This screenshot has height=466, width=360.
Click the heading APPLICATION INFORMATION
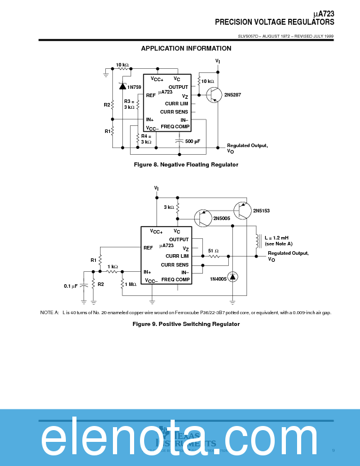(x=186, y=48)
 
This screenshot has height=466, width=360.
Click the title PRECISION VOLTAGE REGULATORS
(x=274, y=22)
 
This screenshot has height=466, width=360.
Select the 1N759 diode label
(x=134, y=87)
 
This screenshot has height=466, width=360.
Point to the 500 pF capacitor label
(x=192, y=141)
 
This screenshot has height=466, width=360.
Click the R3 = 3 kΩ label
(x=129, y=104)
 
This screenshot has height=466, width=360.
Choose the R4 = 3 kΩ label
(x=146, y=139)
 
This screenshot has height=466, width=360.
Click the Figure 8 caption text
(x=186, y=165)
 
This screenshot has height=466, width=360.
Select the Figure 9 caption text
(x=186, y=324)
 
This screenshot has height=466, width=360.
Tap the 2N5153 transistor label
(x=261, y=210)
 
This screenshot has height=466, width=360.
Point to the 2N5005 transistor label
(x=221, y=218)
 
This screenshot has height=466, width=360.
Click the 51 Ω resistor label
(x=214, y=251)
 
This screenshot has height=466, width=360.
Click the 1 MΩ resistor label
(x=131, y=284)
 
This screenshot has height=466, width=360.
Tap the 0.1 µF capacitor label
(x=71, y=286)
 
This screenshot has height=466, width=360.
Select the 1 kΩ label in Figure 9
(x=112, y=267)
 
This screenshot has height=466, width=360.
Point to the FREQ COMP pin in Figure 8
(x=175, y=127)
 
